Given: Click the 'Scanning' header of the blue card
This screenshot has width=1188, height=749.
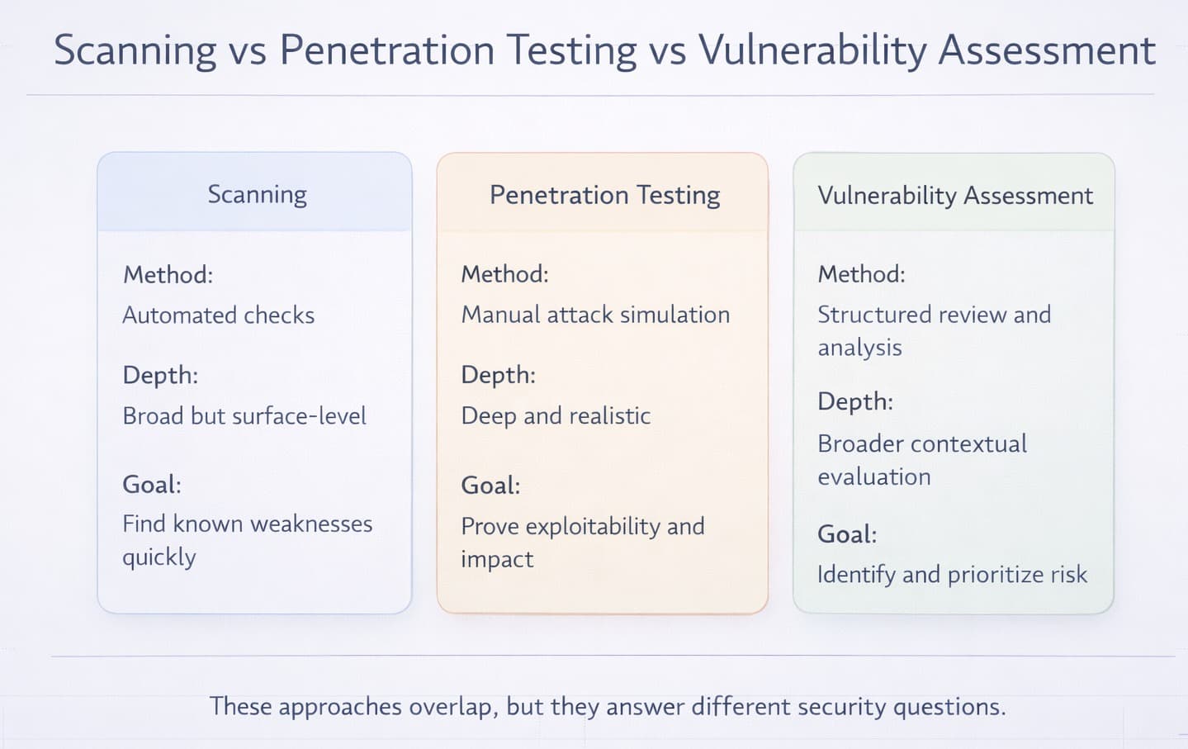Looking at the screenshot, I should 257,194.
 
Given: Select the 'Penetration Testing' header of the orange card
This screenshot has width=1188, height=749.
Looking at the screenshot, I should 604,195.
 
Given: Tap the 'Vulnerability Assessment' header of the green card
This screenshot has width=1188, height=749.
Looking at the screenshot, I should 954,196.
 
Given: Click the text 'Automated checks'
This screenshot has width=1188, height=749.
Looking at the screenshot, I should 218,315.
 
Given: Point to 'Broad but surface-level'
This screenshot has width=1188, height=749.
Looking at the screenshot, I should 244,415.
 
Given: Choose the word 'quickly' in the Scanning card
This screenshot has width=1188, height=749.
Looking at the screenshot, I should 159,557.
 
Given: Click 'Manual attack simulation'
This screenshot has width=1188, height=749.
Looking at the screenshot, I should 595,315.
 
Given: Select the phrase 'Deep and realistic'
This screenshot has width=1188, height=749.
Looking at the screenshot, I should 556,415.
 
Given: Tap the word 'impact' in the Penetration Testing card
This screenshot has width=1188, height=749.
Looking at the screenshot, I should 497,559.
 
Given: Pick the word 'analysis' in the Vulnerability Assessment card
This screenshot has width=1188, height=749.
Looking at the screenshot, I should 859,348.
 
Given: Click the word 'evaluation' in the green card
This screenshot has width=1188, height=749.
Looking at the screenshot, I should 874,476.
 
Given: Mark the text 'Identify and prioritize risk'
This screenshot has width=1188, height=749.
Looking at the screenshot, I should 952,574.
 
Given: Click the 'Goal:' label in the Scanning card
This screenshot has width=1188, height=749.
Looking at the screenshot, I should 152,484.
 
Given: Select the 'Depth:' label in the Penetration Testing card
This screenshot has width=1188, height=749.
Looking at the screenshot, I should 498,375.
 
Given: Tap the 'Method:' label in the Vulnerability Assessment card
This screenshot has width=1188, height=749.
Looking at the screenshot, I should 861,274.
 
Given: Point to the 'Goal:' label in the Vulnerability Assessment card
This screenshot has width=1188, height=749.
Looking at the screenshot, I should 847,534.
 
